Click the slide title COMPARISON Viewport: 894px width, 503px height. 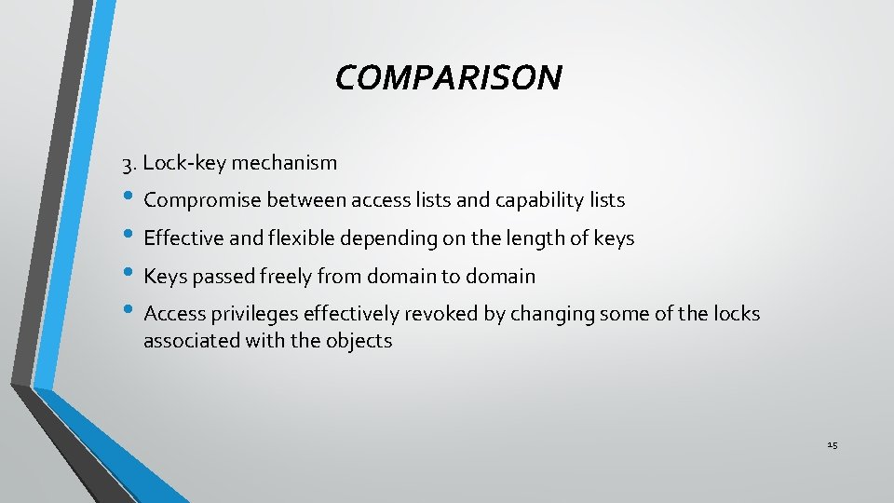[448, 78]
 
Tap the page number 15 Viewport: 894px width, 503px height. [832, 445]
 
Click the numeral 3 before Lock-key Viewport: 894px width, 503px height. [127, 165]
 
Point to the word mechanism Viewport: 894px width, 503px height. [284, 163]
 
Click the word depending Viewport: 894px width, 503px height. [388, 238]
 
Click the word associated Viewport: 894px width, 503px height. [189, 341]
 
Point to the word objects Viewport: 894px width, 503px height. [359, 341]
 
